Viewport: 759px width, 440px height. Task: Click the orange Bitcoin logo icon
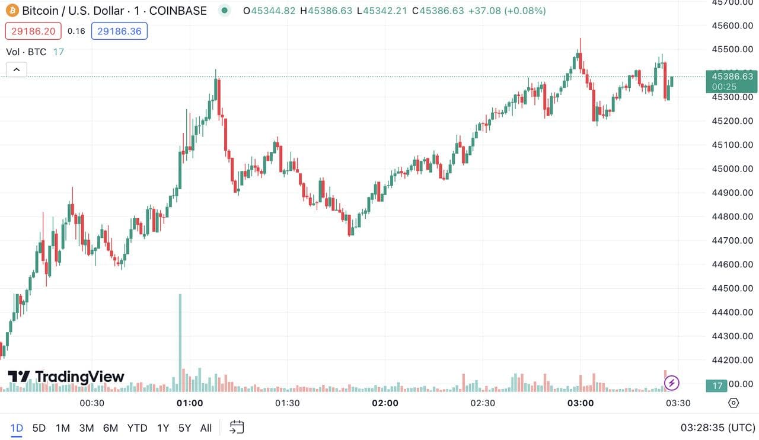[12, 11]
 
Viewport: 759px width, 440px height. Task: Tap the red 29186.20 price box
[33, 31]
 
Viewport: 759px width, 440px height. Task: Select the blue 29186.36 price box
[119, 31]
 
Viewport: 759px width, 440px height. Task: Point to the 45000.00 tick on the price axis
[732, 169]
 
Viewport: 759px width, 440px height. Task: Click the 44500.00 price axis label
[732, 288]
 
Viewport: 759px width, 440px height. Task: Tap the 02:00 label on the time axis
[385, 403]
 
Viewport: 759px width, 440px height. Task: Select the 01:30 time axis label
[287, 403]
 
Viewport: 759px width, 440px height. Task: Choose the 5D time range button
[39, 428]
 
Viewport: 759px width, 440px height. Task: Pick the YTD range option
[137, 428]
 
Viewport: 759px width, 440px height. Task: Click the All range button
[206, 428]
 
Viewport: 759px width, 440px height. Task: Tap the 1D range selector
[17, 428]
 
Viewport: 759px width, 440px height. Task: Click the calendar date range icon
[237, 427]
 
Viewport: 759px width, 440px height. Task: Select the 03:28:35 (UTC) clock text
[717, 428]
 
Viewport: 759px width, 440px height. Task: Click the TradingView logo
[66, 377]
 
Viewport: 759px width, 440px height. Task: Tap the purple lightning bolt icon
[671, 383]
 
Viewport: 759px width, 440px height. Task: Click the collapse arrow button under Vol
[17, 70]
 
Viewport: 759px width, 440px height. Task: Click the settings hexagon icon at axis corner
[734, 403]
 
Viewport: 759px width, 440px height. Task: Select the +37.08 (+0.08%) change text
[506, 11]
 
